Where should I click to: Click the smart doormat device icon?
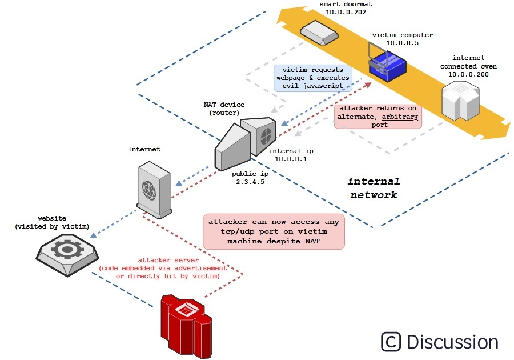tap(319, 33)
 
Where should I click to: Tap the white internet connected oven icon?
tap(460, 101)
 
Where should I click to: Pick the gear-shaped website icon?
tap(67, 254)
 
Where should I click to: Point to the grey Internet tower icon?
tap(154, 190)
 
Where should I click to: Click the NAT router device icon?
tap(245, 143)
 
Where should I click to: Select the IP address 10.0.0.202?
tap(346, 12)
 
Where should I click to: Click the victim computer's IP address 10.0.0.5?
tap(402, 43)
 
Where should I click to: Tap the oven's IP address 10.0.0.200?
tap(468, 74)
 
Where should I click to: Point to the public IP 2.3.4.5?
tap(250, 182)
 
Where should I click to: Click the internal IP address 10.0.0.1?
tap(291, 159)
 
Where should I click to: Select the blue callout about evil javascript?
tap(313, 78)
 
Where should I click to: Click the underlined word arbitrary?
tap(400, 117)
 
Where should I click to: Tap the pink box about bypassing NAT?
tap(274, 231)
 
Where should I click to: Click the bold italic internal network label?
tap(374, 188)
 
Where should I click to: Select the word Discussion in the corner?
tap(453, 342)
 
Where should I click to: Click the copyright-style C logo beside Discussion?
tap(391, 342)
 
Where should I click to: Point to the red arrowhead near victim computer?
tap(368, 85)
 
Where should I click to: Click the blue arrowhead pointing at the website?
tap(94, 235)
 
